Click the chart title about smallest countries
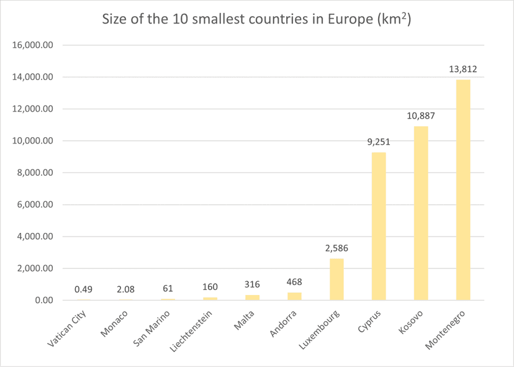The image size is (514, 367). (x=257, y=19)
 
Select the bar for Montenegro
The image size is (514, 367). (x=463, y=190)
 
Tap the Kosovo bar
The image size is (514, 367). (x=421, y=214)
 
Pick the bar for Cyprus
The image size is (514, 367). (x=379, y=227)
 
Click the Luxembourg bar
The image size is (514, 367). (x=336, y=279)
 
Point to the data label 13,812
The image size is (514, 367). (x=463, y=69)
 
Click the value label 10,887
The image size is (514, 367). (x=421, y=116)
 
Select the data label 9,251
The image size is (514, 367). (x=379, y=142)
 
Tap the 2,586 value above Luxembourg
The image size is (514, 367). (x=336, y=248)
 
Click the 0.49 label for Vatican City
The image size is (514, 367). (x=83, y=289)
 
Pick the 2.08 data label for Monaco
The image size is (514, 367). (x=125, y=289)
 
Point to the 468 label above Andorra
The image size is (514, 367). (x=294, y=283)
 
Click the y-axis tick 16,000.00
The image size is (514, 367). (x=34, y=45)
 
